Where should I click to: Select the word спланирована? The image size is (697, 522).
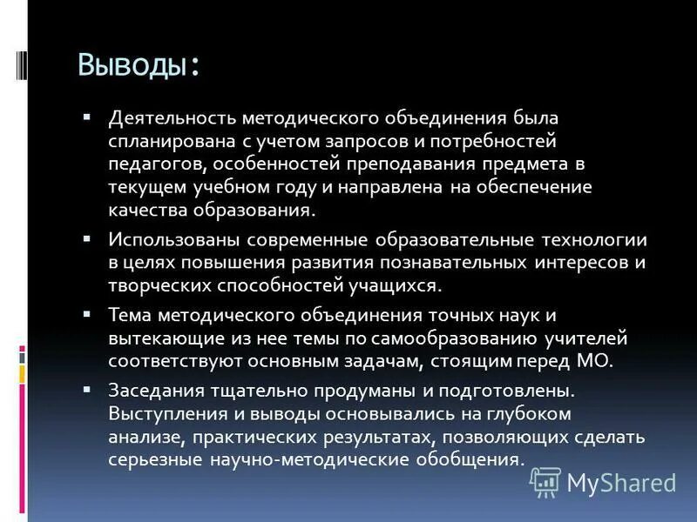(x=163, y=140)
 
